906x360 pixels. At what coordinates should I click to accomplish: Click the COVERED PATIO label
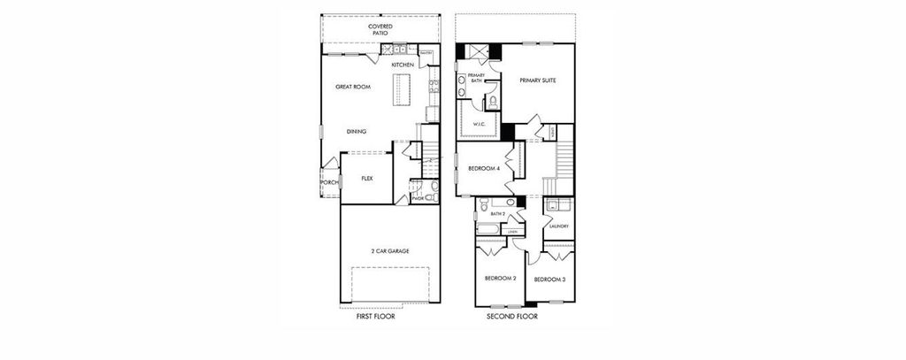coord(380,30)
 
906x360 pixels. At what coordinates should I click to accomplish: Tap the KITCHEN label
coord(403,65)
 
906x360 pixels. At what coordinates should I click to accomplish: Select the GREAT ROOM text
coord(352,87)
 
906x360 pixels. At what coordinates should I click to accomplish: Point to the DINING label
coord(357,132)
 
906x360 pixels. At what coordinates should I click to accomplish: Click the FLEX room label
coord(366,178)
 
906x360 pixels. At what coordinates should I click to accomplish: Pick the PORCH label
coord(328,182)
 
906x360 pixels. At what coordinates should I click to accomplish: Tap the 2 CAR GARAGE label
coord(389,251)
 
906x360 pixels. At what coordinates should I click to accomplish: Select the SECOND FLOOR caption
coord(512,316)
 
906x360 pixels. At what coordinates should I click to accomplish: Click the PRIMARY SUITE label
coord(537,80)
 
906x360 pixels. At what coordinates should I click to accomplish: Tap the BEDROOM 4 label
coord(484,168)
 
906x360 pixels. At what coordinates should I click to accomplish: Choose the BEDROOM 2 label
coord(500,280)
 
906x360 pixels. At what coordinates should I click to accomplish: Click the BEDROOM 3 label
coord(549,280)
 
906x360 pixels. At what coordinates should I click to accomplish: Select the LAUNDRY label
coord(558,226)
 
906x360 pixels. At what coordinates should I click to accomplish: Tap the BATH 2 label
coord(497,214)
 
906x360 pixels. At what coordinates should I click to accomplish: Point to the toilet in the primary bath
coord(492,102)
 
